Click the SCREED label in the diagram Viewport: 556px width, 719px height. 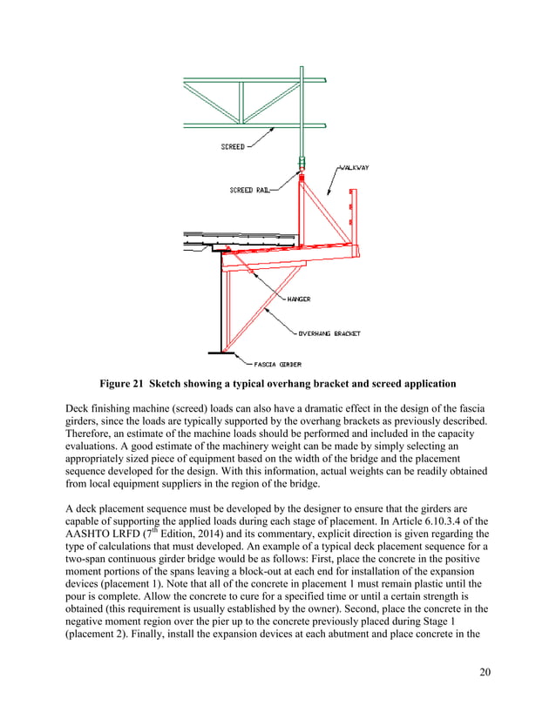pos(231,147)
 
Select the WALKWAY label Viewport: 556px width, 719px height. pos(351,167)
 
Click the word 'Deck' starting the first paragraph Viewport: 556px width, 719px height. pos(81,407)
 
